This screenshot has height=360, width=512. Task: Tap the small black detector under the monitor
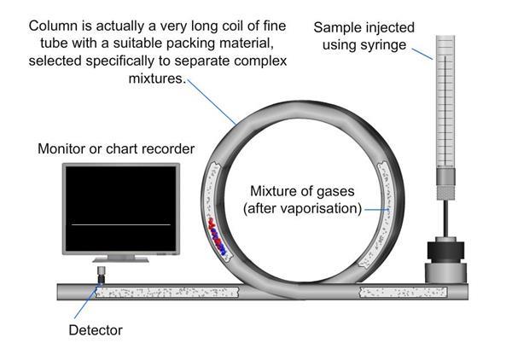(x=101, y=276)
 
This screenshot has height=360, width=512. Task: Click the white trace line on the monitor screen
(x=120, y=224)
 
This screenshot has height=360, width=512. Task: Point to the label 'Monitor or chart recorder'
(x=115, y=148)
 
